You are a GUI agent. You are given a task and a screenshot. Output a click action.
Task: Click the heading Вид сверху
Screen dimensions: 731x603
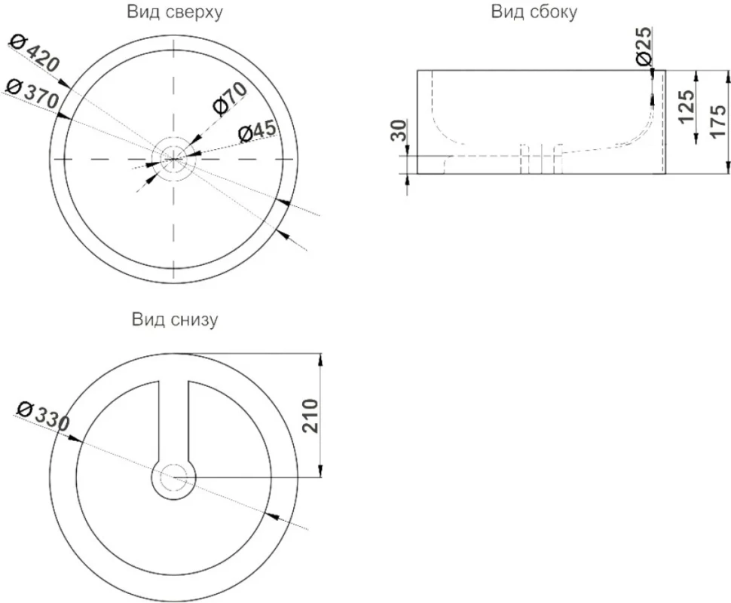(x=174, y=12)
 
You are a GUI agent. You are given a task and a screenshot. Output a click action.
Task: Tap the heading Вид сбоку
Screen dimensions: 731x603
(x=534, y=11)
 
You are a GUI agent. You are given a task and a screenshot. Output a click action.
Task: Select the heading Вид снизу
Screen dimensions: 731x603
(x=174, y=320)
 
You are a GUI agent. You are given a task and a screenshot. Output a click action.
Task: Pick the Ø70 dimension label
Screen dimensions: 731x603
(x=229, y=99)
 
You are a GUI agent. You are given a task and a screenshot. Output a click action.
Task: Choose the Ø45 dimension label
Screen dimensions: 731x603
(x=257, y=131)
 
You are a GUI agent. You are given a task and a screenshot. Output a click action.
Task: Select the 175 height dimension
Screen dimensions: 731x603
(x=717, y=121)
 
